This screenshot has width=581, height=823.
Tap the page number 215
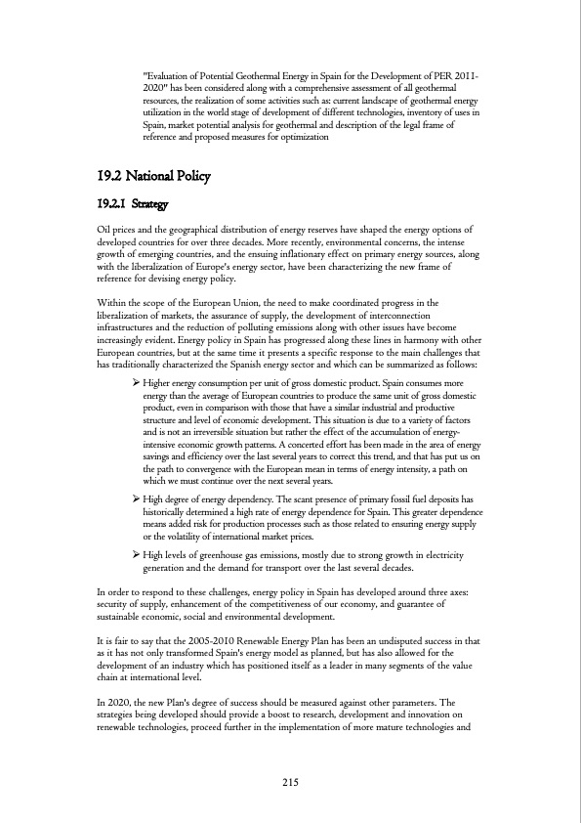coord(290,781)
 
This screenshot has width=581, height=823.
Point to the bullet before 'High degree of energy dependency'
coord(136,499)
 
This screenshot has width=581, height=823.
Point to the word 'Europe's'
coord(247,268)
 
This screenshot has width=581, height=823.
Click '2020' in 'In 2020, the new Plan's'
coord(119,702)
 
